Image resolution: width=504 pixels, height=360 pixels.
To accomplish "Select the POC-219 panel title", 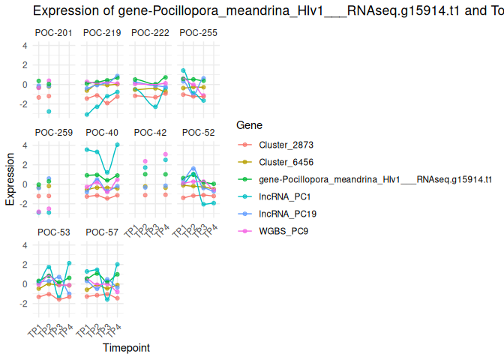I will click(x=102, y=33).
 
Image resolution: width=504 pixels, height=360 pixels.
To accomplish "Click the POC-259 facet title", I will click(x=53, y=133).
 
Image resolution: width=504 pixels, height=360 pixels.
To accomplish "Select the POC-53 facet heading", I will click(x=53, y=232).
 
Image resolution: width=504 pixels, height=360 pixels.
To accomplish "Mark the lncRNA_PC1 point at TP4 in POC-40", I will click(x=118, y=145).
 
